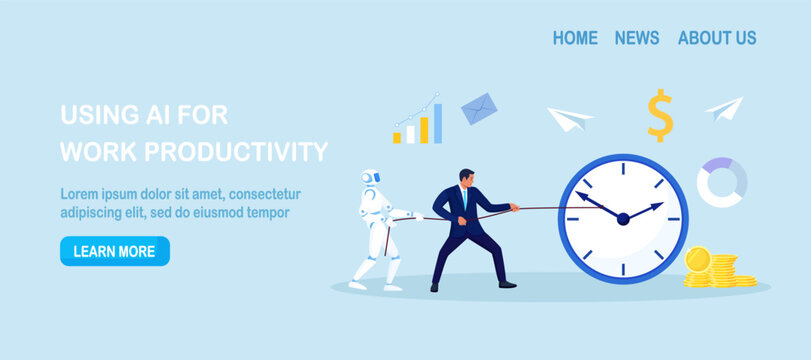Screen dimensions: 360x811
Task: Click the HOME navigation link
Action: [x=575, y=38]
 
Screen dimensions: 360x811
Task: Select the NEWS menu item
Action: [x=637, y=38]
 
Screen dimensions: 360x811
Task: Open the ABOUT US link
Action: [x=717, y=38]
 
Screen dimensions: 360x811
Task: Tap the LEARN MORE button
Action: [x=114, y=251]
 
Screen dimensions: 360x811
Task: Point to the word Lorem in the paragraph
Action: [x=79, y=194]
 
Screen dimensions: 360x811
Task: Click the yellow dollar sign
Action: [x=659, y=115]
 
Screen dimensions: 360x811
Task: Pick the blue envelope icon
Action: [x=480, y=108]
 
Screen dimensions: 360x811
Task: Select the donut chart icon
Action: [x=723, y=182]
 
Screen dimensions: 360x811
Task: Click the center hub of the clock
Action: [x=623, y=218]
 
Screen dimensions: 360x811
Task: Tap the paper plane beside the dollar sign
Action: [x=725, y=107]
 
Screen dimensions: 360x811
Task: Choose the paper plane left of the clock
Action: [x=569, y=118]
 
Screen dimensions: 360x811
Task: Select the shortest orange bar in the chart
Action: [x=397, y=137]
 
